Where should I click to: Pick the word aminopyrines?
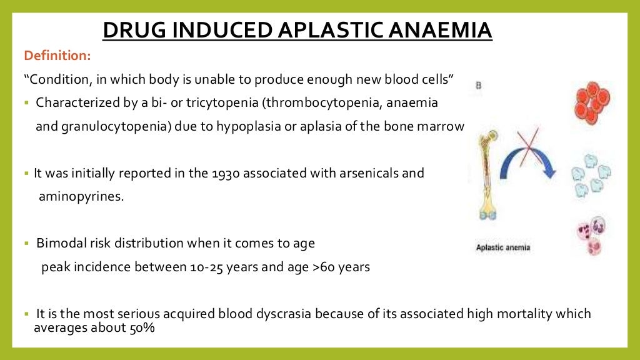pos(81,196)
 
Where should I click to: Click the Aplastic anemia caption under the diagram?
pos(502,247)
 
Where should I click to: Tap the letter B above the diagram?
pos(479,86)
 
